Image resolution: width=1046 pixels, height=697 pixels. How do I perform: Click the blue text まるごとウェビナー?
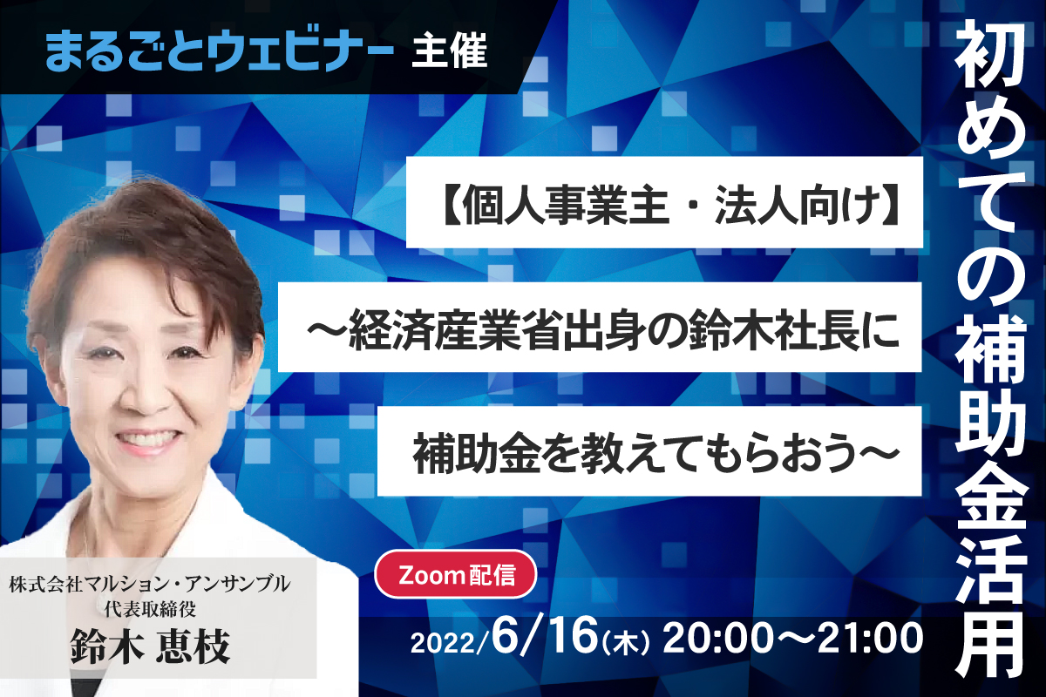click(x=220, y=50)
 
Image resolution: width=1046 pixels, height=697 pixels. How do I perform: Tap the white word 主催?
click(x=449, y=50)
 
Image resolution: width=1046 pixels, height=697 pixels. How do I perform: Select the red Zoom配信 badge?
click(x=456, y=574)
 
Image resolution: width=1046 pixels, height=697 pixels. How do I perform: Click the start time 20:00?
click(x=717, y=638)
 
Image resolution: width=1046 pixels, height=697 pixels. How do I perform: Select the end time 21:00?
click(x=870, y=638)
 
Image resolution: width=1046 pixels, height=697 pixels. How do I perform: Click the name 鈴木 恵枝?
click(x=150, y=646)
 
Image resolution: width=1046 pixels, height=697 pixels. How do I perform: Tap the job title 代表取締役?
click(x=150, y=609)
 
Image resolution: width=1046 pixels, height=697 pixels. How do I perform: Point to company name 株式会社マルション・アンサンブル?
click(x=149, y=584)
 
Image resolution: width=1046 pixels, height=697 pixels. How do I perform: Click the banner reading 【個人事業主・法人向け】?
click(x=664, y=202)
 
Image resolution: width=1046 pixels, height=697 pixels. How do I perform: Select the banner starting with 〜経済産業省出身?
click(x=600, y=327)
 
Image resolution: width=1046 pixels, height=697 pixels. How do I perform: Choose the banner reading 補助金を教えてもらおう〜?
click(x=649, y=451)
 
